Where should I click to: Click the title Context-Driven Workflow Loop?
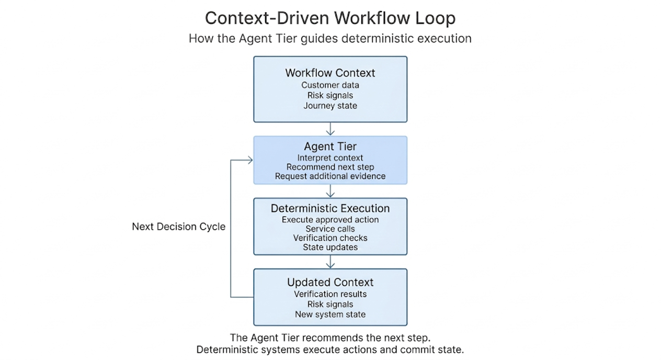tap(330, 18)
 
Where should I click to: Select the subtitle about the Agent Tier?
tap(330, 38)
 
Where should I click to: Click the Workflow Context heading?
tap(330, 73)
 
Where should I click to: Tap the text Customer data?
tap(330, 85)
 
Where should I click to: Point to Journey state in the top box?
tap(330, 106)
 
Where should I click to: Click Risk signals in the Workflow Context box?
tap(330, 95)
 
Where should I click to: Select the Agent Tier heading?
tap(330, 147)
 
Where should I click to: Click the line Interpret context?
tap(330, 157)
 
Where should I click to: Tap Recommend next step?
tap(330, 167)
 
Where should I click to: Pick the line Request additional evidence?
tap(330, 176)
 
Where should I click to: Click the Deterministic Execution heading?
tap(330, 208)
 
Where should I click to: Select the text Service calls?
tap(330, 229)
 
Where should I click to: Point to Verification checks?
tap(330, 238)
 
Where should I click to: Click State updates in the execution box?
tap(330, 247)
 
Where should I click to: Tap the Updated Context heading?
tap(330, 283)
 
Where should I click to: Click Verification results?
tap(330, 294)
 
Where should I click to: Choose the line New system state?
tap(330, 314)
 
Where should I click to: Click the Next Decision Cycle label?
tap(179, 227)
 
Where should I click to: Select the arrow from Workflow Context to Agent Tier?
tap(330, 129)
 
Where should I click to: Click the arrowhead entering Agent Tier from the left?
tap(250, 160)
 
